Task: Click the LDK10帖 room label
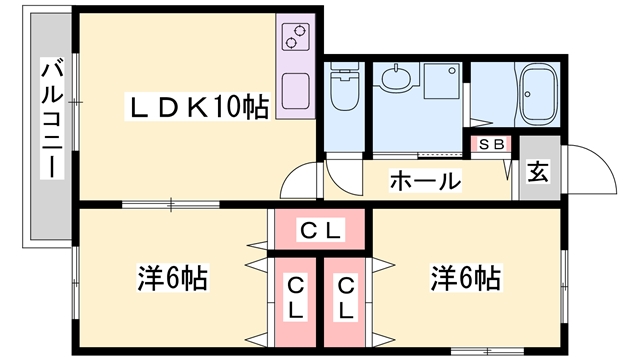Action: coord(197,107)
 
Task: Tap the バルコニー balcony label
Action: coord(52,119)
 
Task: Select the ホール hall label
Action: coord(425,181)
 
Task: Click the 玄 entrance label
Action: coord(538,172)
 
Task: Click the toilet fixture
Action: coord(344,86)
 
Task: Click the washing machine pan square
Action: coord(442,80)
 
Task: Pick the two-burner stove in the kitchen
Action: coord(295,36)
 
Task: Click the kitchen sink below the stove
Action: coord(295,91)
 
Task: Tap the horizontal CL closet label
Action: coord(320,230)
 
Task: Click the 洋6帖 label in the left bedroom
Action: coord(173,278)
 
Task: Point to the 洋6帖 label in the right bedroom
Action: coord(466,278)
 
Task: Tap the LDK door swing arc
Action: coord(291,173)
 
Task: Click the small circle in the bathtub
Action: coord(528,94)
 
